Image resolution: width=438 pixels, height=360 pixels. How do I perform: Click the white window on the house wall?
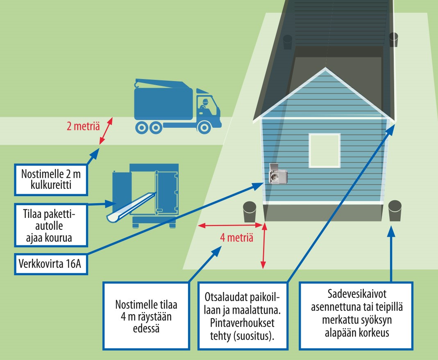click(x=324, y=150)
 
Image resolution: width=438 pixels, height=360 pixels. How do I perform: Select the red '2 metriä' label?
click(x=83, y=126)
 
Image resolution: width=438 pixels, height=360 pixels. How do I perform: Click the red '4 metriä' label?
click(x=236, y=238)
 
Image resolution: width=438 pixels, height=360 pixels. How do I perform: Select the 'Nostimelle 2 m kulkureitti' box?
click(x=51, y=179)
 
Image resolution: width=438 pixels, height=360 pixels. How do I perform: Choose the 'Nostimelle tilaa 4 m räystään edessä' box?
click(x=146, y=316)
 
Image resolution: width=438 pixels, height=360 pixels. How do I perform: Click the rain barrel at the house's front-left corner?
click(x=250, y=212)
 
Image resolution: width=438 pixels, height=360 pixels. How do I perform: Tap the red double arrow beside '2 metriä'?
click(x=106, y=131)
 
